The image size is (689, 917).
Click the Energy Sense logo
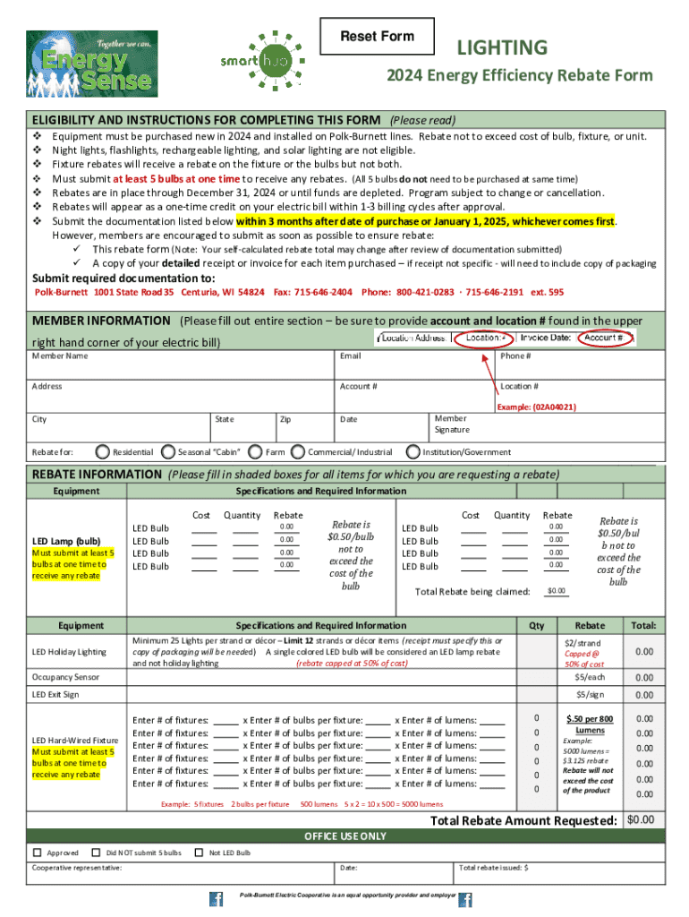(92, 64)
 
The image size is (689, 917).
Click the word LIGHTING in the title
(502, 47)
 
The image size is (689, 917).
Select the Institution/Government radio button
(414, 452)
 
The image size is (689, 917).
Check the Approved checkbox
(38, 853)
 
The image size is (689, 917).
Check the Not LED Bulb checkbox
(200, 853)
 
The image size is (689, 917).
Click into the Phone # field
(580, 368)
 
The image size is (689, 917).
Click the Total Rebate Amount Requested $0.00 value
(641, 820)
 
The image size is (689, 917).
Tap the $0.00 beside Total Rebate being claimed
(557, 591)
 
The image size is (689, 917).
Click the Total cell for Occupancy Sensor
(643, 678)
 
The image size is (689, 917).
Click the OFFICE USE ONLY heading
(345, 836)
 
